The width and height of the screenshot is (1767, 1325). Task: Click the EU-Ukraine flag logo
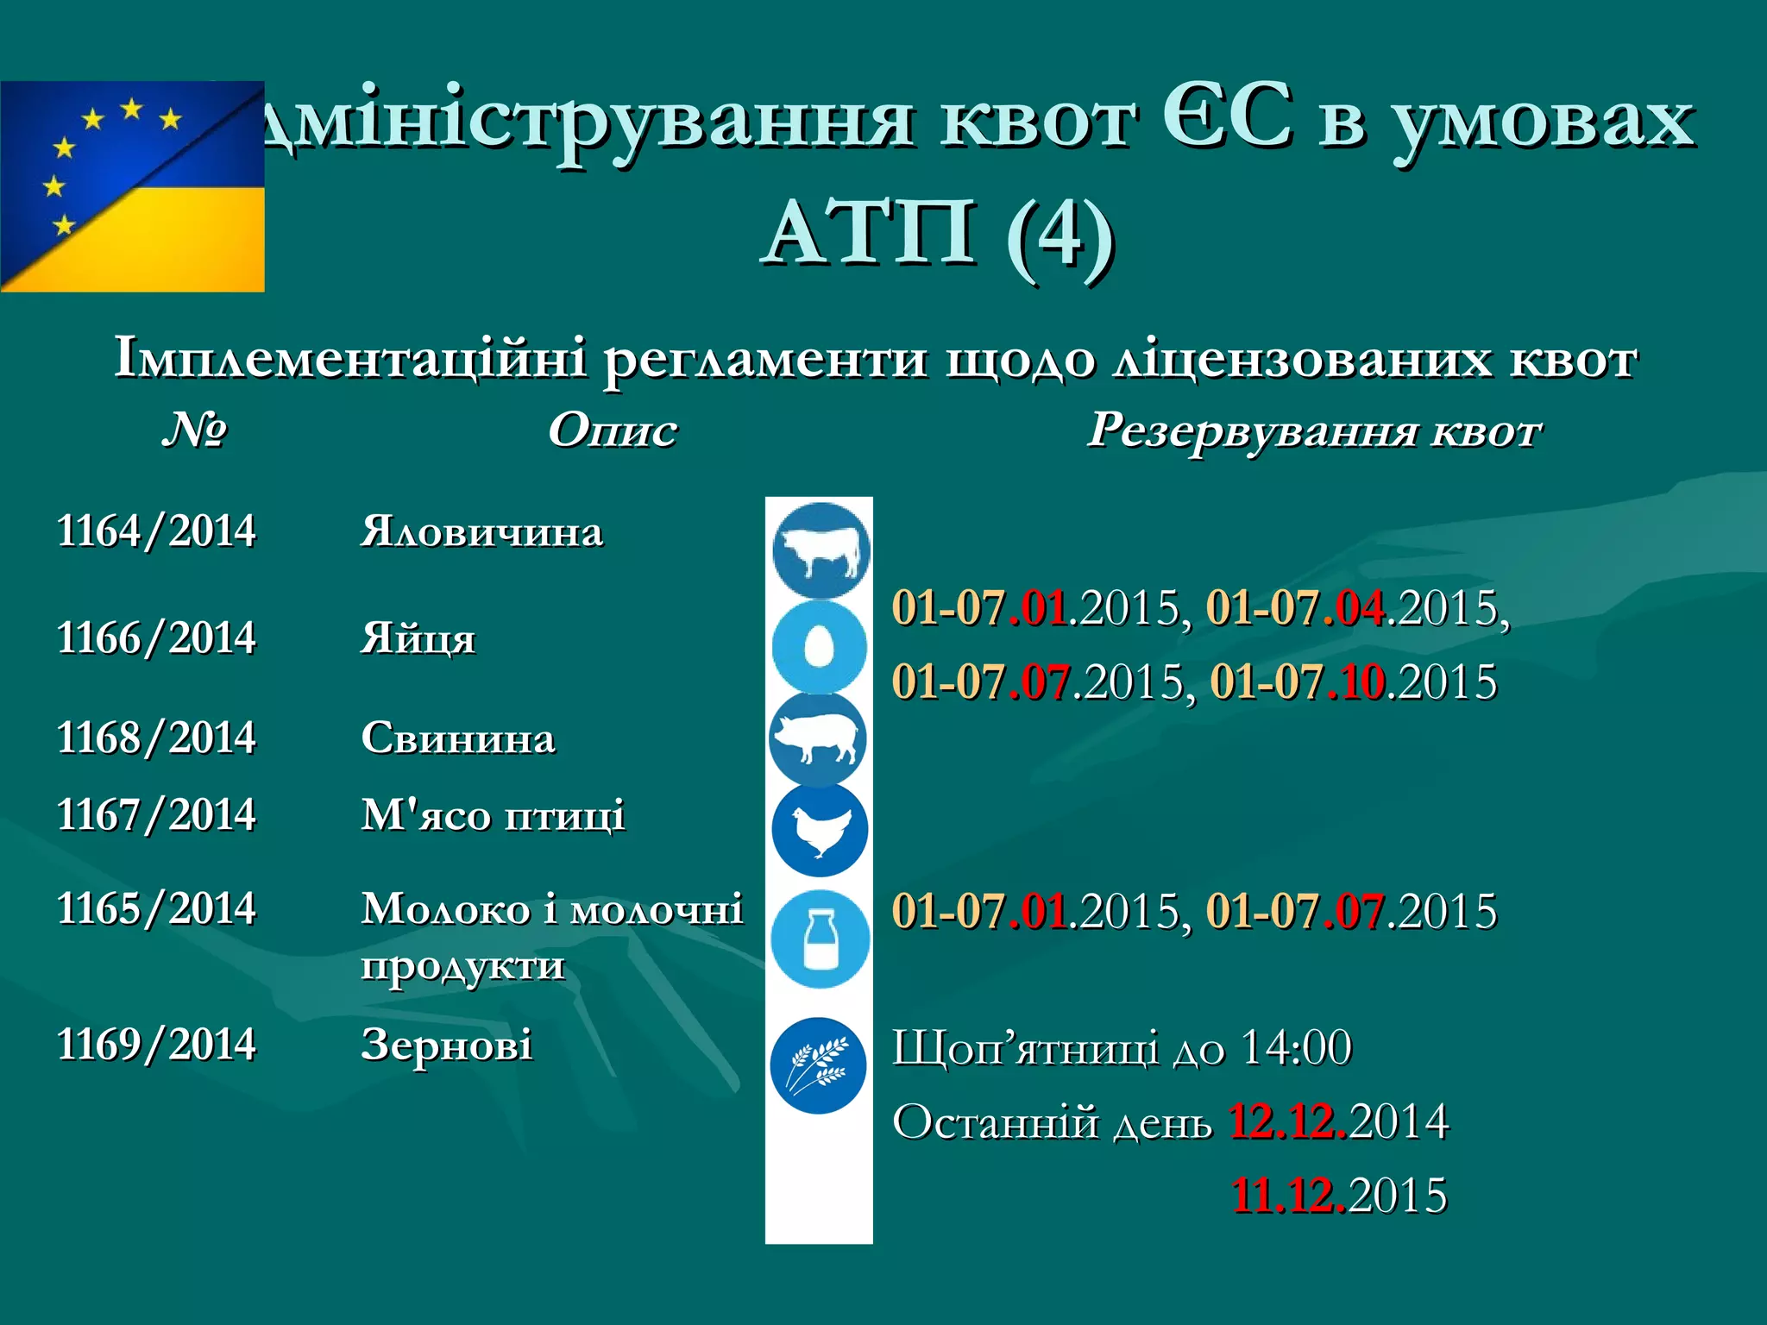point(132,186)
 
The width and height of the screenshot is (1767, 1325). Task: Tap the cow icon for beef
point(820,550)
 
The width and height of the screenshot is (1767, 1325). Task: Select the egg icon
point(819,646)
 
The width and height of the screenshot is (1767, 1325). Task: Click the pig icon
point(817,739)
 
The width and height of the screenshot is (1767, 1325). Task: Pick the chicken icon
point(819,830)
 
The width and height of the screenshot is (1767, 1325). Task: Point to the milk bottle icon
point(819,939)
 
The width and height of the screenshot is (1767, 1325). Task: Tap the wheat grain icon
point(818,1065)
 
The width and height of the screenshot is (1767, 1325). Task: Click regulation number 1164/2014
point(156,531)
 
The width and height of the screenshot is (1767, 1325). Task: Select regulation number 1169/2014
point(156,1044)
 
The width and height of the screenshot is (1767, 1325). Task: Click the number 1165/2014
point(156,908)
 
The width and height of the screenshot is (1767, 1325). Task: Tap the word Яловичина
point(481,531)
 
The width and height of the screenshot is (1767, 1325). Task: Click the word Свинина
point(458,738)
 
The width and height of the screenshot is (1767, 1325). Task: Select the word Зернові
point(446,1045)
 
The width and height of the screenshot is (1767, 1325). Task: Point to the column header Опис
point(613,430)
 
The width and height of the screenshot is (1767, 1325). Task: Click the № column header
point(194,429)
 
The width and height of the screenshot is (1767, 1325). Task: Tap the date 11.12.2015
point(1339,1196)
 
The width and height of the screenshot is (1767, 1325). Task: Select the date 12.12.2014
point(1339,1121)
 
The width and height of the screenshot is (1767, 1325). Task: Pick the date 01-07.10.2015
point(1353,681)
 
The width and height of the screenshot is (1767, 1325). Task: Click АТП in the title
point(871,233)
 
